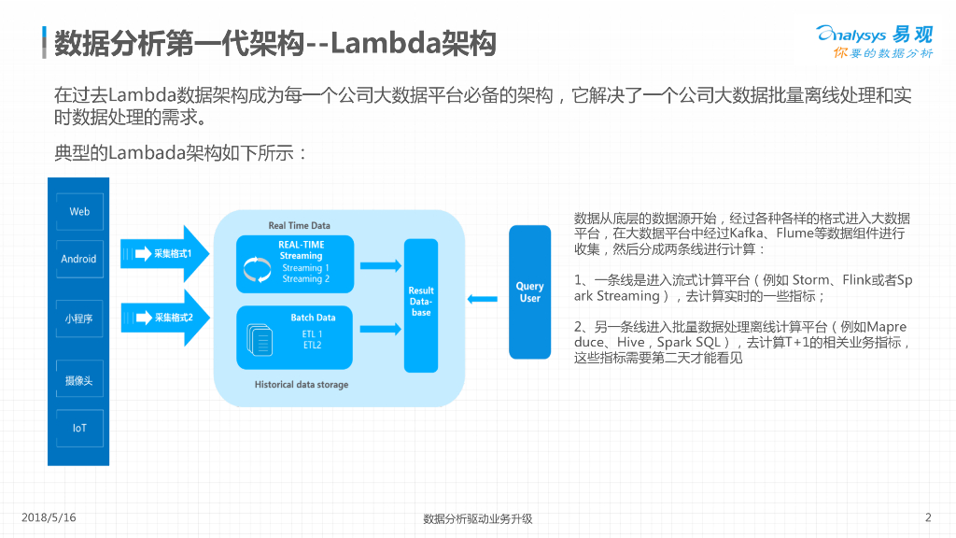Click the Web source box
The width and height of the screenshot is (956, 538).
tap(79, 211)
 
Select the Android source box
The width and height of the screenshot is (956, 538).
tap(79, 259)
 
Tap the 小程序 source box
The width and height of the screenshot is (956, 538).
tap(79, 319)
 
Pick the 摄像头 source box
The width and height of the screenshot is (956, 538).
tap(79, 381)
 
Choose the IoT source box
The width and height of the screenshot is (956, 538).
tap(79, 428)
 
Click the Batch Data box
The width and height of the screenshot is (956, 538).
tap(295, 334)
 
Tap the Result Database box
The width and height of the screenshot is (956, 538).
tap(421, 304)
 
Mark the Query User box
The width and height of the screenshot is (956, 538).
tap(529, 291)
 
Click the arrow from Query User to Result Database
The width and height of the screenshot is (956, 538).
tap(483, 299)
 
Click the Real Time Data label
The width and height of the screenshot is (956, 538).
tap(299, 225)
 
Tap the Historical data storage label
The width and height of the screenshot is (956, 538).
tap(302, 384)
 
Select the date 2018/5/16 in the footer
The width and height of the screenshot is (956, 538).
tap(48, 517)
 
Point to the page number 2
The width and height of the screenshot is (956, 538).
tap(928, 517)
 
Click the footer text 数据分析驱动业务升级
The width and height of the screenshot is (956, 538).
tap(477, 518)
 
